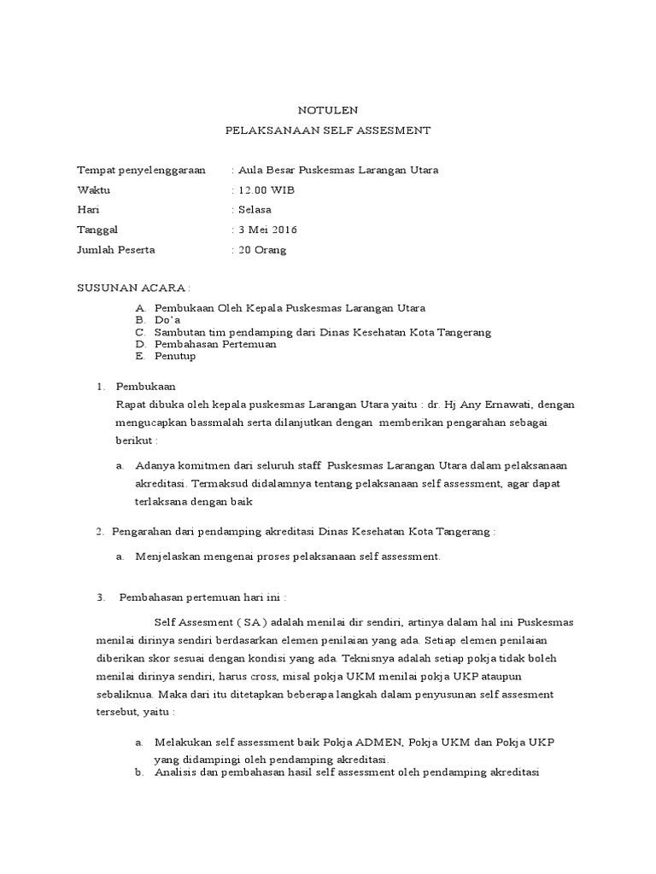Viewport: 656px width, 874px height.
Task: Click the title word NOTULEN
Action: click(328, 110)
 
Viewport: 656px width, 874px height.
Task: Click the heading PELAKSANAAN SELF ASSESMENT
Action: click(328, 131)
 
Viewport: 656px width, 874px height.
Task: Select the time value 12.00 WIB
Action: click(265, 190)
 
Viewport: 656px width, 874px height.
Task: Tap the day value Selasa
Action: click(255, 210)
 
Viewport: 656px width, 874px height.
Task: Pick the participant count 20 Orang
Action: click(262, 250)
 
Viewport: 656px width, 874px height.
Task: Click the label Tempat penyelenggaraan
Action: click(141, 170)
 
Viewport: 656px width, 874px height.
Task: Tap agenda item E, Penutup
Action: click(175, 356)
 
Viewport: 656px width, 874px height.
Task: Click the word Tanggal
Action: click(98, 230)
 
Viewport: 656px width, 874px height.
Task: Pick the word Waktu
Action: click(94, 190)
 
